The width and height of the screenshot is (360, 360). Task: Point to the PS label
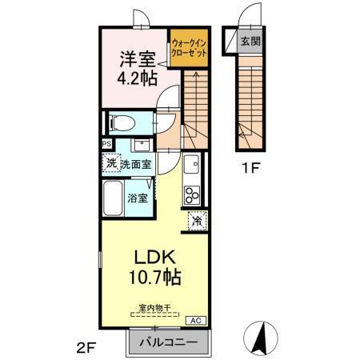coord(106,145)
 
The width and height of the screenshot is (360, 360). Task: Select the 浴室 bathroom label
coord(138,197)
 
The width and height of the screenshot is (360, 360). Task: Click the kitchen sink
coord(192,167)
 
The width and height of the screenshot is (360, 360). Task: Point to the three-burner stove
coord(192,194)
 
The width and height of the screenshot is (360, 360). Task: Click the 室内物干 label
coord(152,307)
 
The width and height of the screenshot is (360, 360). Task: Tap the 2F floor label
coord(86,348)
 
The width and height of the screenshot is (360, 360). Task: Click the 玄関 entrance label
coord(254,41)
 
